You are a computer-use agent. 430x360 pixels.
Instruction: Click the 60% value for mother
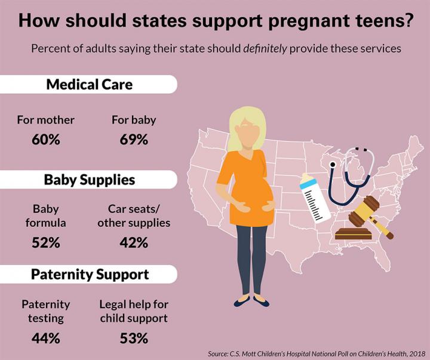click(x=45, y=141)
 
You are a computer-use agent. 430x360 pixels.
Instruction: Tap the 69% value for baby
click(x=134, y=141)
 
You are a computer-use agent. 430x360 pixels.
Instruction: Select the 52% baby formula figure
click(x=45, y=244)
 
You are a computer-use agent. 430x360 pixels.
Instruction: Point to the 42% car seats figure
click(x=134, y=244)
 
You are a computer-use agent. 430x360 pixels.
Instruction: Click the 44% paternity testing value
click(x=45, y=339)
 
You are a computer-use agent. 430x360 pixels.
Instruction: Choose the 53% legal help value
click(x=134, y=339)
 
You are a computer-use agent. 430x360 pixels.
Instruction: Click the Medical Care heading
click(x=89, y=84)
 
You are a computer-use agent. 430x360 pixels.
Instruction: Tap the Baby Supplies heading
click(x=89, y=179)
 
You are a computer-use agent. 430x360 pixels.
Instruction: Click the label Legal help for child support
click(x=134, y=312)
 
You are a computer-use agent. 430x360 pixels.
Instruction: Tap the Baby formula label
click(x=45, y=216)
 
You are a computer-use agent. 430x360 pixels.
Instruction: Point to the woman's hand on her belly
click(x=245, y=208)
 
